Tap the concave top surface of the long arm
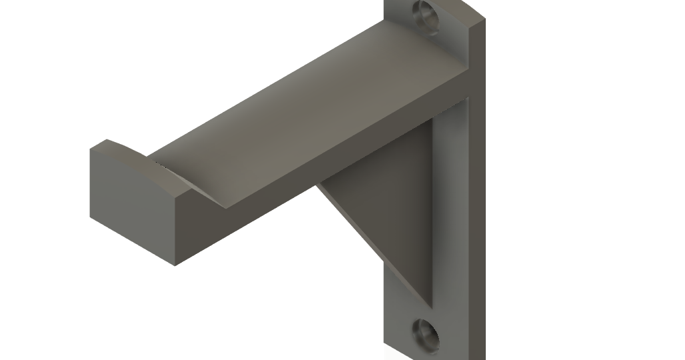pyautogui.click(x=300, y=120)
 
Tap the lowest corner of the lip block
pyautogui.click(x=175, y=265)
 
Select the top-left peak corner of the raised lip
pyautogui.click(x=107, y=140)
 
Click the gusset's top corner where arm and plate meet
pyautogui.click(x=433, y=120)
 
